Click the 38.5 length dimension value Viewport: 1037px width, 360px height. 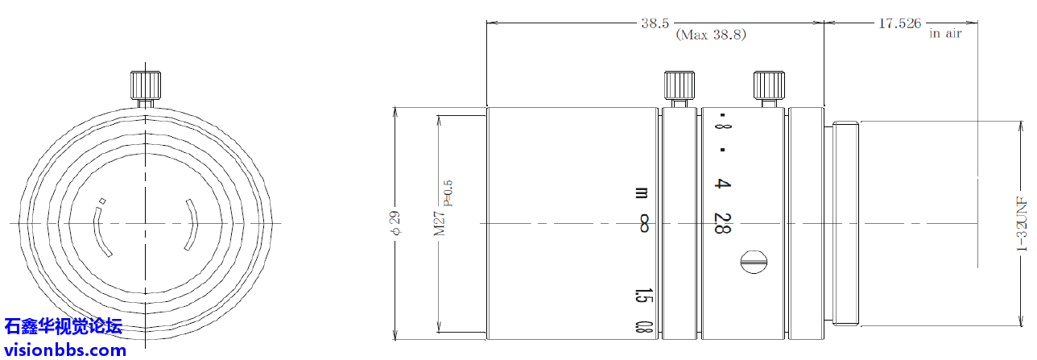[x=655, y=23]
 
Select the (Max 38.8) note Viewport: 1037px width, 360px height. [x=711, y=35]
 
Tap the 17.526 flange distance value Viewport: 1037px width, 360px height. [x=900, y=23]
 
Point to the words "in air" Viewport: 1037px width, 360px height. [x=945, y=33]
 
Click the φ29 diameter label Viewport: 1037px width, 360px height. [x=396, y=223]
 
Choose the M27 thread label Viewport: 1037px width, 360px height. [x=439, y=223]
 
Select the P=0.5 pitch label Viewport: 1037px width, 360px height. [x=448, y=193]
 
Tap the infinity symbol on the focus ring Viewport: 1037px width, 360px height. [x=643, y=223]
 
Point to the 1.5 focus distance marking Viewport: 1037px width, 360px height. [x=643, y=296]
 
